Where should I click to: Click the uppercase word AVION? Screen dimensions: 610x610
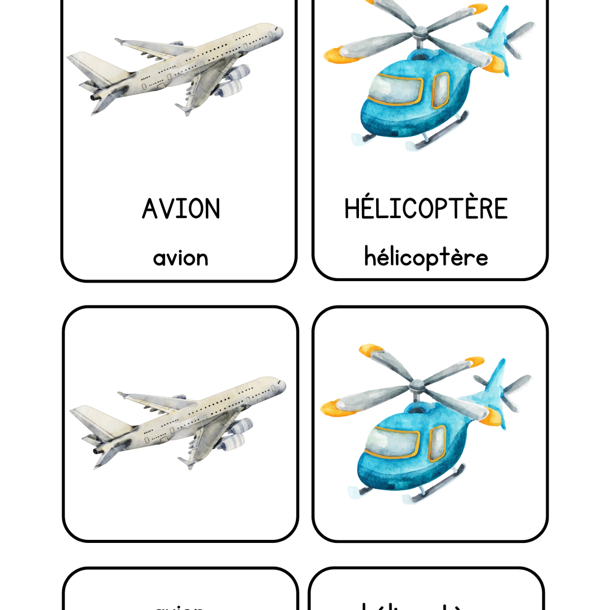point(181,209)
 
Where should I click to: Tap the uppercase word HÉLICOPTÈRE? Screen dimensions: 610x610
point(426,208)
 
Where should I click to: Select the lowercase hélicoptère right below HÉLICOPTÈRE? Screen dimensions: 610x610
point(426,257)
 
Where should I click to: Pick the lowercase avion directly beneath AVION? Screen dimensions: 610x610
point(181,258)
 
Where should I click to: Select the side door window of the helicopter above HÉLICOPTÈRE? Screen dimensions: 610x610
point(440,90)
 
